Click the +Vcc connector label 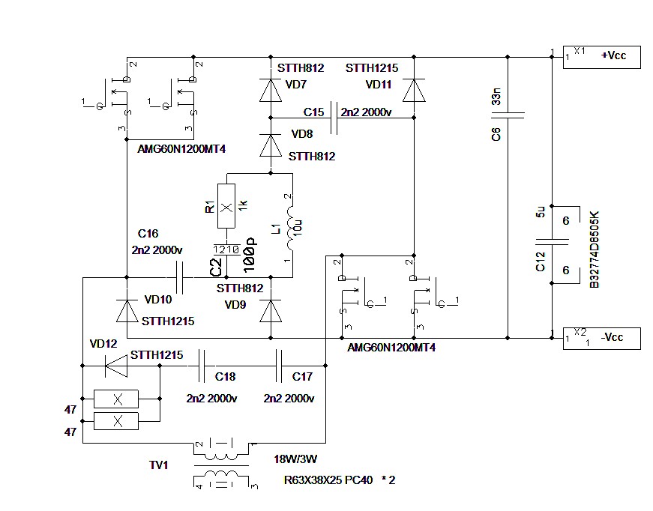tap(613, 55)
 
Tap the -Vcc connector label tap(612, 337)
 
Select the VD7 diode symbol tap(271, 90)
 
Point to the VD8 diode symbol tap(271, 145)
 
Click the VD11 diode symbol tap(414, 90)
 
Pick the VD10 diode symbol tap(127, 311)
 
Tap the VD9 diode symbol tap(271, 311)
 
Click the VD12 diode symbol tap(116, 366)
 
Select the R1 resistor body tap(226, 206)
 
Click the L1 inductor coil tap(290, 228)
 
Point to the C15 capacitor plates tap(334, 118)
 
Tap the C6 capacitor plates tap(508, 115)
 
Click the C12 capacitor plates tap(553, 242)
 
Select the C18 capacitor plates tap(202, 366)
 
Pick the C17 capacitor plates tap(279, 366)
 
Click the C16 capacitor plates tap(180, 277)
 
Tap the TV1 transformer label tap(158, 465)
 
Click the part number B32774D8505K tap(595, 250)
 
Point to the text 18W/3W tap(295, 459)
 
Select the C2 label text tap(216, 267)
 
